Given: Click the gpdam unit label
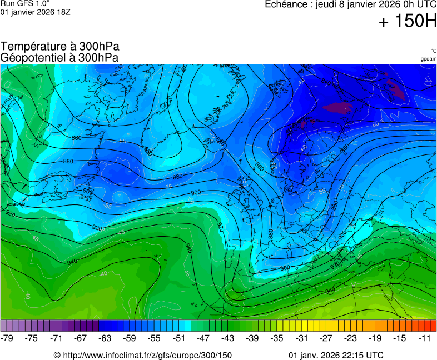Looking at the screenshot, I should [x=428, y=58].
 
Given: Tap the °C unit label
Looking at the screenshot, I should [x=433, y=51].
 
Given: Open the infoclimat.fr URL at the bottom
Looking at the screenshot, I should [x=147, y=355].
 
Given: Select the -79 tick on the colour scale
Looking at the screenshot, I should [x=7, y=338].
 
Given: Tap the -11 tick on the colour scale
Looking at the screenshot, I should [x=425, y=338].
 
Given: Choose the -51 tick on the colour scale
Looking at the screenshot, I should [x=179, y=338].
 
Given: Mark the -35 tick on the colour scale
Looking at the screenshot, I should [x=277, y=338].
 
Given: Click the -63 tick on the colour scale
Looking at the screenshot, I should [x=106, y=338].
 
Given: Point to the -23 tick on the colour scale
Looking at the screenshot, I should [x=351, y=338].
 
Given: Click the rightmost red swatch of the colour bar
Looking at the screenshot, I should [x=433, y=326].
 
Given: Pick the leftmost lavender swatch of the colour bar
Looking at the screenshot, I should [x=4, y=326].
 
